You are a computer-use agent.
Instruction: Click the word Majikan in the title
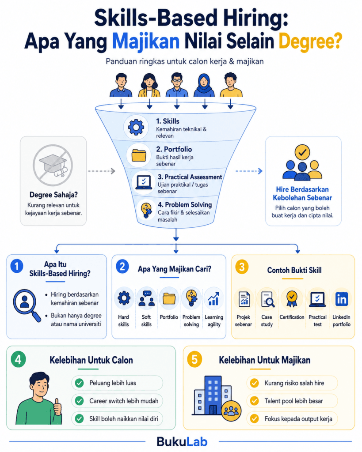[x=145, y=41]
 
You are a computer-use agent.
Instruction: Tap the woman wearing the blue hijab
[x=204, y=85]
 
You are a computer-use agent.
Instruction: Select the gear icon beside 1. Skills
[x=136, y=127]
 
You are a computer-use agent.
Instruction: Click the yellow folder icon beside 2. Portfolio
[x=139, y=155]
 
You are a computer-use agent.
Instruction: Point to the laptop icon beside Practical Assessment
[x=144, y=182]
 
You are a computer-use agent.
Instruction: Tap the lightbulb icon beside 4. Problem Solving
[x=146, y=210]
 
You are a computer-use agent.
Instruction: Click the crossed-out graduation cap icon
[x=53, y=165]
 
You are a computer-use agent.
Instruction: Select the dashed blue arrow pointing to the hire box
[x=249, y=171]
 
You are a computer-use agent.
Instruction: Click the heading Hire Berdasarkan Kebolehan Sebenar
[x=302, y=193]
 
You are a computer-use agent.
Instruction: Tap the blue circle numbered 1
[x=17, y=266]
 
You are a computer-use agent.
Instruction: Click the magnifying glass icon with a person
[x=26, y=305]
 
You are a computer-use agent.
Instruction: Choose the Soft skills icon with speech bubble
[x=147, y=298]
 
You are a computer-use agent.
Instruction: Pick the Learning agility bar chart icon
[x=213, y=299]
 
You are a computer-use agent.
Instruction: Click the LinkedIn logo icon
[x=342, y=299]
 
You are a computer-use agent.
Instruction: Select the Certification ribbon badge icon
[x=292, y=298]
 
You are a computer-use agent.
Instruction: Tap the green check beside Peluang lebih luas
[x=80, y=383]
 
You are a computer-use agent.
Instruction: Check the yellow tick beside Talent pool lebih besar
[x=254, y=401]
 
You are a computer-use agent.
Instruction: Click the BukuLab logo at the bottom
[x=182, y=441]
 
